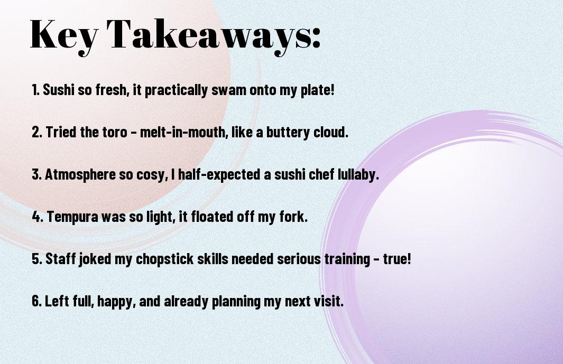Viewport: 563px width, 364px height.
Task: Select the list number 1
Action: [x=35, y=90]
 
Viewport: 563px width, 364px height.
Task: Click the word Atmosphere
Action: [x=80, y=175]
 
